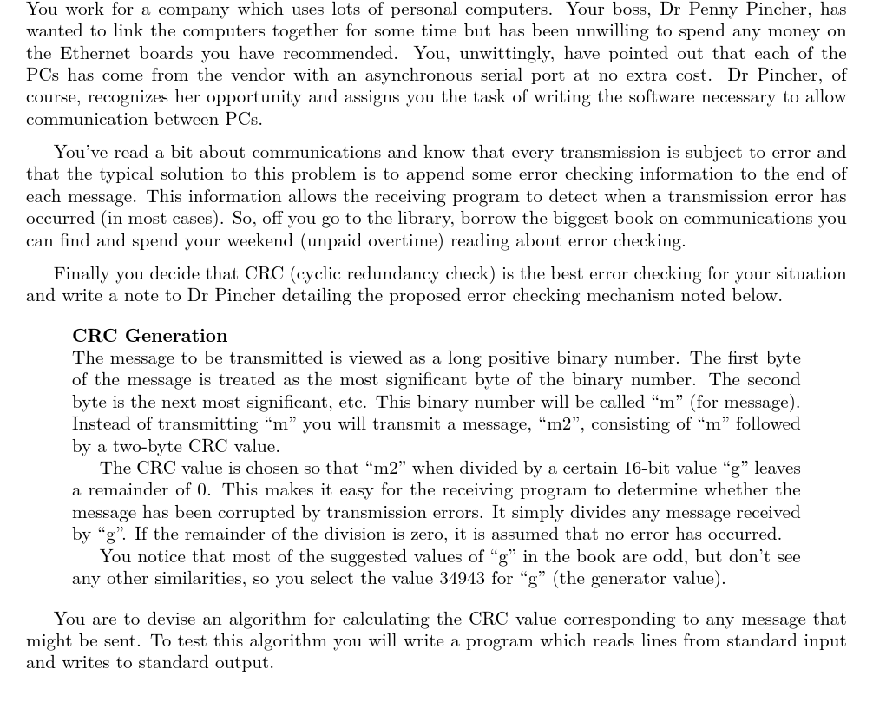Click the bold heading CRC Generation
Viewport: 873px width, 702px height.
[149, 336]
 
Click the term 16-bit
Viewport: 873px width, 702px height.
[661, 469]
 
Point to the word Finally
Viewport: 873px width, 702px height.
[83, 274]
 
